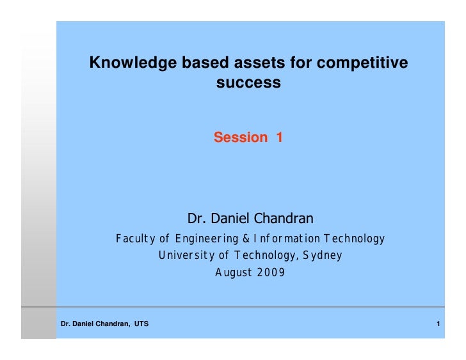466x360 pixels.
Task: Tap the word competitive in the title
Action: [x=364, y=63]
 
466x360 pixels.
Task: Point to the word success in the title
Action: [x=248, y=82]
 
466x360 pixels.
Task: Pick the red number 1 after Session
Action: [x=279, y=137]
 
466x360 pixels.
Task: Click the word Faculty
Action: [x=136, y=239]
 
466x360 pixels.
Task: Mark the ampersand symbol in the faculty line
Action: [x=246, y=239]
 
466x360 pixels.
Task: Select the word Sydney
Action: [x=323, y=256]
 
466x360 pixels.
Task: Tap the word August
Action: [x=233, y=272]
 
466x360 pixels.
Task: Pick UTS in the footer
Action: [x=141, y=325]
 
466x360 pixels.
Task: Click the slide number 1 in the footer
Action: [x=438, y=325]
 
